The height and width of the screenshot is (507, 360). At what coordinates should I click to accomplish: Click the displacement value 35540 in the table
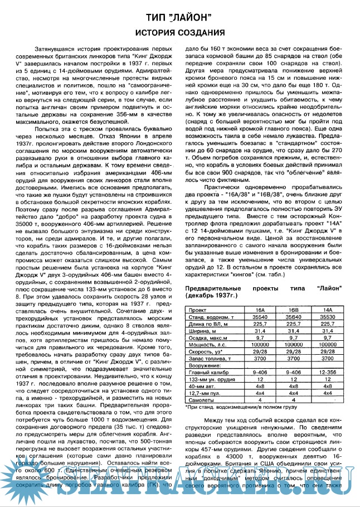260,316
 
